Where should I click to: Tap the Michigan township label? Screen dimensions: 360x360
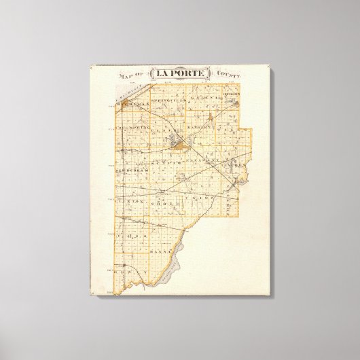(131, 107)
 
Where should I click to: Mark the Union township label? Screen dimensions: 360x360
(203, 198)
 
